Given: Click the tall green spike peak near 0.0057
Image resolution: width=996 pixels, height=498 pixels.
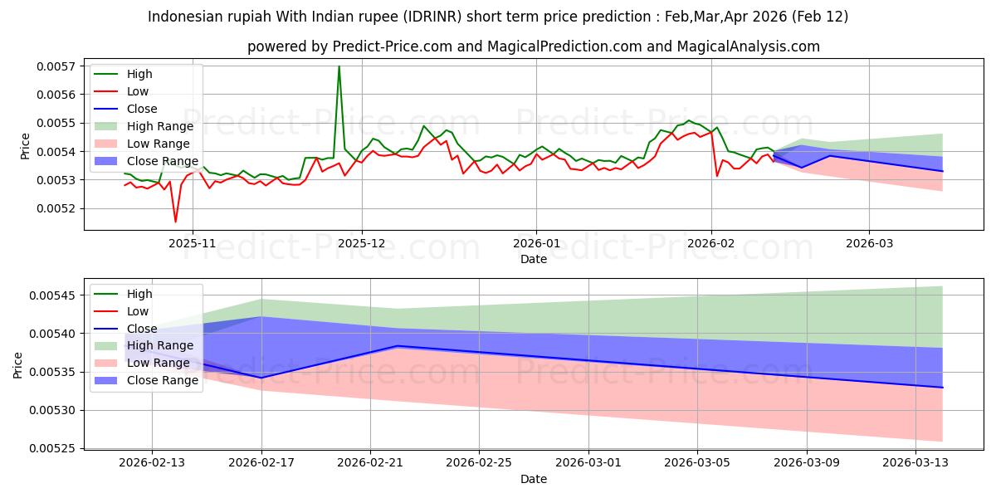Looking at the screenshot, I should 339,66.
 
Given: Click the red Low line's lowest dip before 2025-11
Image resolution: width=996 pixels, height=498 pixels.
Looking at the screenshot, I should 175,222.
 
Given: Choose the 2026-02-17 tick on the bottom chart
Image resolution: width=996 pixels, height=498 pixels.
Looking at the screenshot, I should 261,463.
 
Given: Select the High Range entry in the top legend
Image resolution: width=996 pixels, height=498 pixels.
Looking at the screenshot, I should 159,126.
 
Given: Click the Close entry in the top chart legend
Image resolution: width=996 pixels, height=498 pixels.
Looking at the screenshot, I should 143,109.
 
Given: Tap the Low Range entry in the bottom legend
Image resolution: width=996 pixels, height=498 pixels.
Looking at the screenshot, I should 158,363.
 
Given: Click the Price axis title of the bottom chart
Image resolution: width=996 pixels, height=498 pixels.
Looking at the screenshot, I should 18,364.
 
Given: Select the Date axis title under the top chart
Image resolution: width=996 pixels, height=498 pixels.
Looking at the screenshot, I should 533,259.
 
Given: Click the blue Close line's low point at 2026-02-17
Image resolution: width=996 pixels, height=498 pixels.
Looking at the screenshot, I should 261,378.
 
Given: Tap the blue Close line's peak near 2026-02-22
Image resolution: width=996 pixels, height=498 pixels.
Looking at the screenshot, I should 398,345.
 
